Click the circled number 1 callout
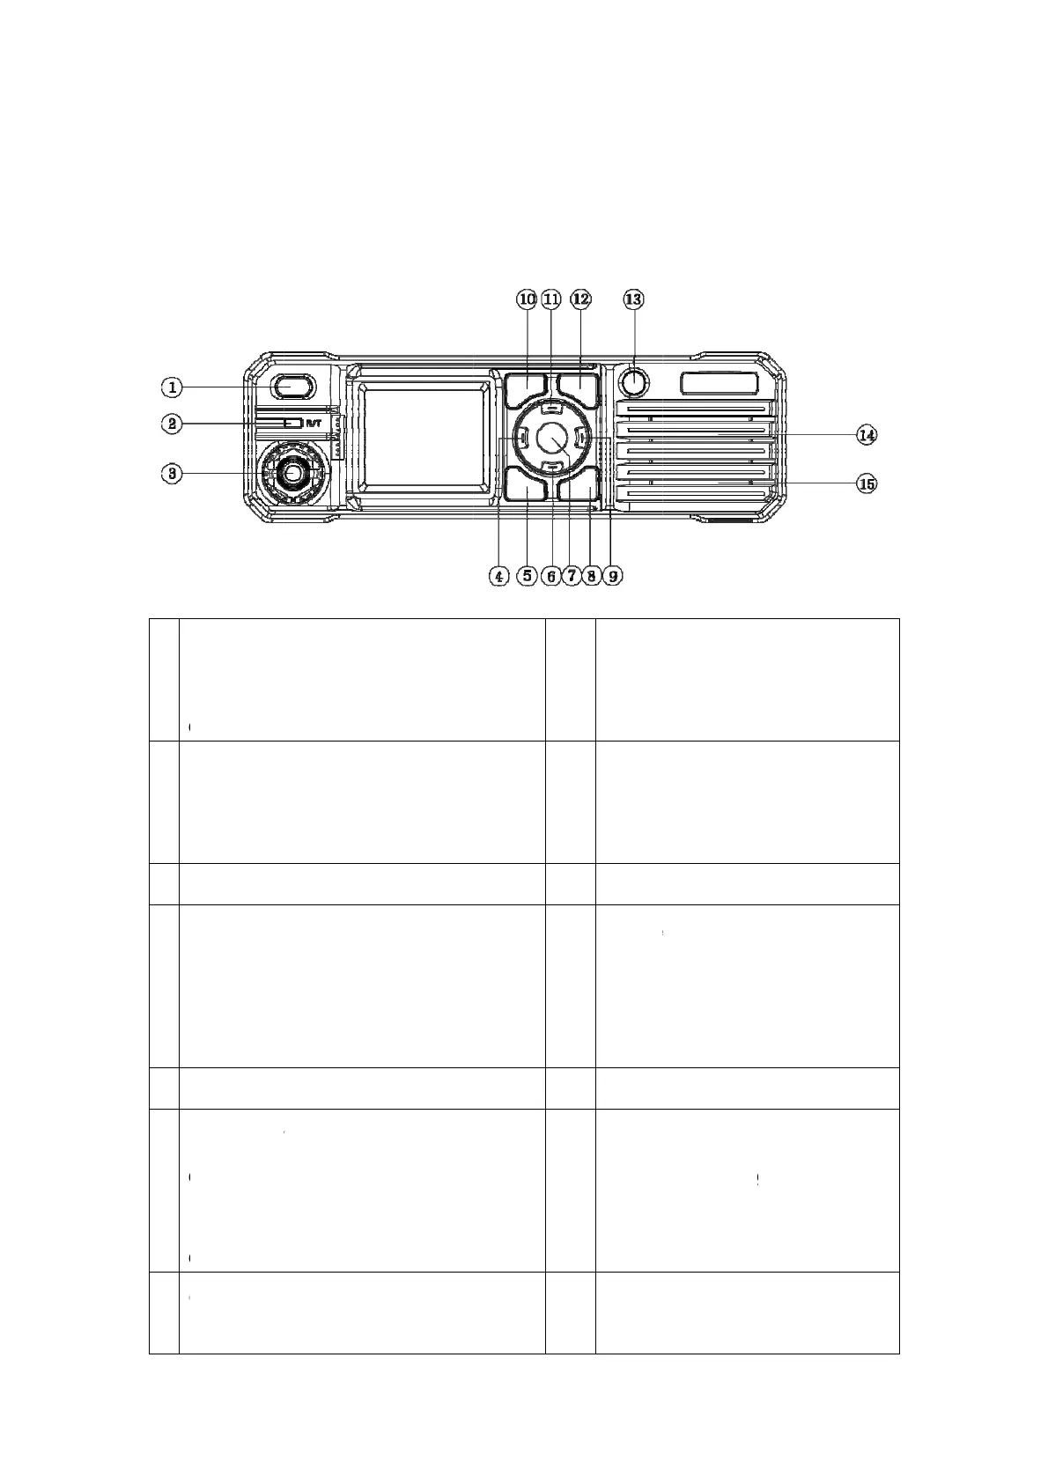(x=173, y=386)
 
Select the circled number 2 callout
(x=173, y=424)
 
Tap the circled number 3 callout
(x=173, y=474)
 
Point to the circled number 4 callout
(x=498, y=576)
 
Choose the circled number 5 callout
(x=527, y=576)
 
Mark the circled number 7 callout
(x=571, y=576)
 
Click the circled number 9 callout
(x=613, y=576)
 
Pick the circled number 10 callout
(x=527, y=299)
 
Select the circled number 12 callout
(x=580, y=299)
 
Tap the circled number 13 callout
(x=633, y=299)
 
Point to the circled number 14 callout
(x=867, y=434)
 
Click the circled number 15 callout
(x=867, y=483)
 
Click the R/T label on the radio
(x=314, y=424)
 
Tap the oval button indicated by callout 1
(x=291, y=386)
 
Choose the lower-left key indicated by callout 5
(x=527, y=484)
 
